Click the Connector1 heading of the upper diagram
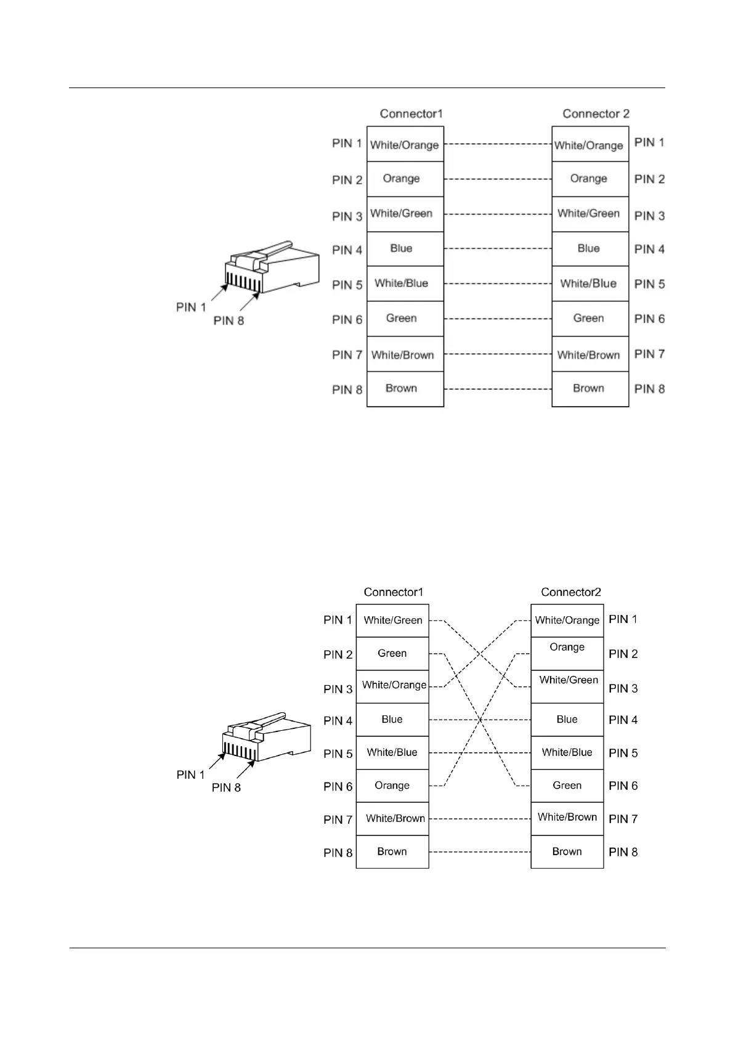click(411, 113)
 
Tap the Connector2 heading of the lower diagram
click(570, 592)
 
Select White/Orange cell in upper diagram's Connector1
click(405, 145)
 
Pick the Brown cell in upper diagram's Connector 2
click(589, 389)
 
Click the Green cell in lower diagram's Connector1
click(392, 653)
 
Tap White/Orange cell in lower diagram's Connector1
click(393, 686)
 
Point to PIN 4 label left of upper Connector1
click(347, 250)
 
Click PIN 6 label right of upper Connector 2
click(649, 319)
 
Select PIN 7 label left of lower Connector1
click(338, 819)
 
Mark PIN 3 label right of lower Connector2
click(623, 688)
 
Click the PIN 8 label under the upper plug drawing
click(229, 320)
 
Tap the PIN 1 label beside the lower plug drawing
click(190, 775)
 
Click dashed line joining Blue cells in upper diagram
click(498, 249)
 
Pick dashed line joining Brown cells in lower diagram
click(479, 852)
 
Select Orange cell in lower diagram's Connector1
click(392, 786)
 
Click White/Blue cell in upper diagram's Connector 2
click(589, 283)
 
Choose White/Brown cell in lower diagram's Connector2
click(567, 818)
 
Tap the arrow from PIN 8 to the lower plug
click(245, 770)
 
